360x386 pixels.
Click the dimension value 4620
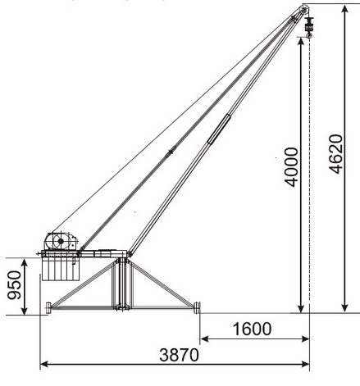[335, 154]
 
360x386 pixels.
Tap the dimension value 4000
[291, 167]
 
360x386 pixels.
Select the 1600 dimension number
[252, 329]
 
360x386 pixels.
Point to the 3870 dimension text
[179, 355]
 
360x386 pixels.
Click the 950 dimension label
[14, 285]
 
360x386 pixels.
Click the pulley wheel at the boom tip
[303, 11]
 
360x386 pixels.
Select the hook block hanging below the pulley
[309, 27]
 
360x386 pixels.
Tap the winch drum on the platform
[61, 241]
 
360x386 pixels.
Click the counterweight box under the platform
[61, 268]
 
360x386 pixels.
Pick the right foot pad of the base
[197, 307]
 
